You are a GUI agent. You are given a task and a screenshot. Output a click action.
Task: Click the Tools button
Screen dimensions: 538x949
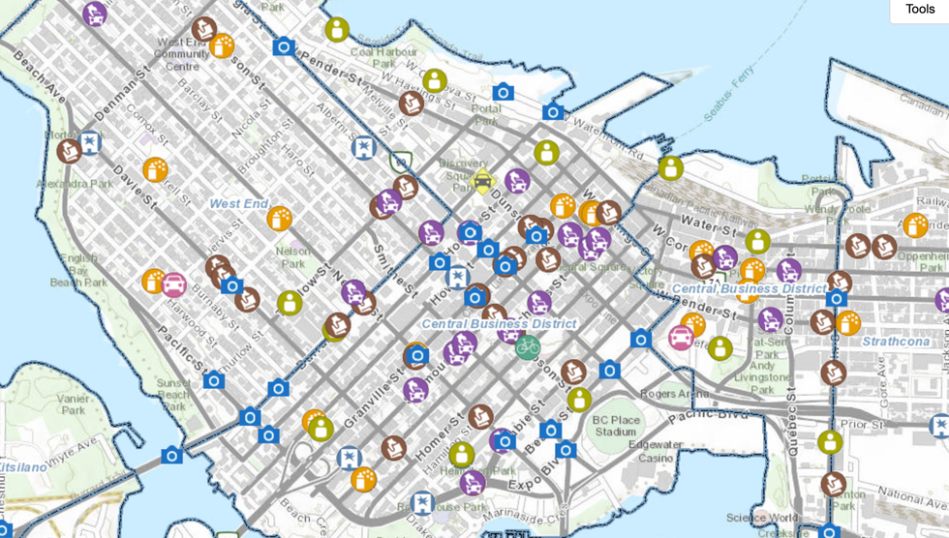coord(919,10)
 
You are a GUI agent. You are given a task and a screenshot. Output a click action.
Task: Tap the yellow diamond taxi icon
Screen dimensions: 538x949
coord(482,181)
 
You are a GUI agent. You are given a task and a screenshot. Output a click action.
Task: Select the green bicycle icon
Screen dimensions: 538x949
coord(527,346)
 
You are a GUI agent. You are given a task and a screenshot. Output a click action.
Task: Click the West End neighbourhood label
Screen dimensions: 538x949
coord(238,204)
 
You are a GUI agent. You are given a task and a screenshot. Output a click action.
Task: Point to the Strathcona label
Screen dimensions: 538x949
coord(895,342)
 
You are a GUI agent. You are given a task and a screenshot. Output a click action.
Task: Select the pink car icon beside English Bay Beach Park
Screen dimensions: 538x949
coord(174,284)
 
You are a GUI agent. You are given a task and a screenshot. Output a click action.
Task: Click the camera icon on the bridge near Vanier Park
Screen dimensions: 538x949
coord(171,455)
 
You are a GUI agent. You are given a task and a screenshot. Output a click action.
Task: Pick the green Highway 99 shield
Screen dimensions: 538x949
coord(399,160)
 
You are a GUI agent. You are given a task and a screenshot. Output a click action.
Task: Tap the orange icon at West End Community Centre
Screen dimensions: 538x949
coord(222,45)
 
